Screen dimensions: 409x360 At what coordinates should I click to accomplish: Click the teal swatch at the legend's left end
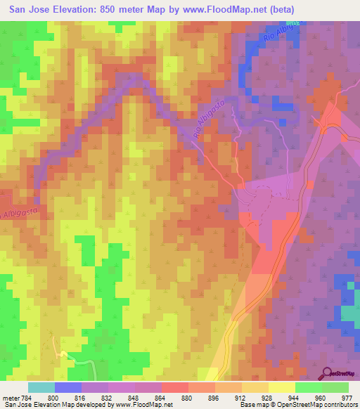tap(41, 387)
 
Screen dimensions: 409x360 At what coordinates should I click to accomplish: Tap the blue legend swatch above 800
tap(67, 387)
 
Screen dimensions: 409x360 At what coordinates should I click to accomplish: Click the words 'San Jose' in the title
tap(27, 9)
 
